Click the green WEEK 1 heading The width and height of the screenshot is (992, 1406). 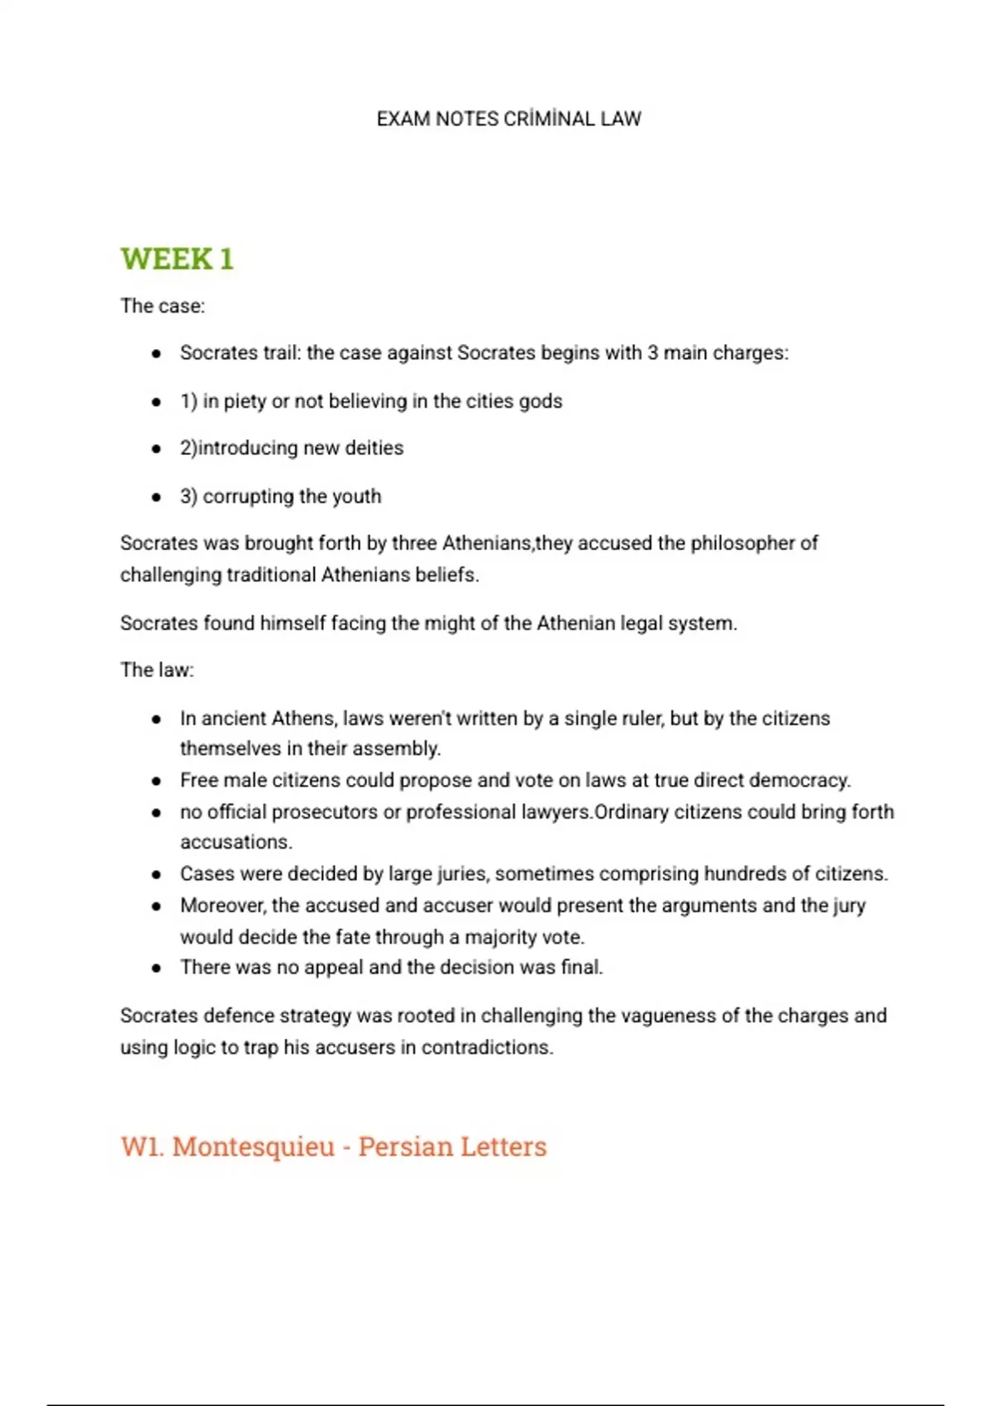(177, 259)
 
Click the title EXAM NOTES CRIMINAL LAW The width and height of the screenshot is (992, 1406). (508, 119)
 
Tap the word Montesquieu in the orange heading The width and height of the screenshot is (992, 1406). (253, 1146)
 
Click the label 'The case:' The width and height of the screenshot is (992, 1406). (162, 306)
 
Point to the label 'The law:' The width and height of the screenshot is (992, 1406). (157, 670)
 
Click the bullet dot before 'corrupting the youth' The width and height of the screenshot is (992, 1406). (156, 497)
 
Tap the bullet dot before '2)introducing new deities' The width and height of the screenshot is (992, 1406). (156, 448)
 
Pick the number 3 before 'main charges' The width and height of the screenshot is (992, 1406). (652, 353)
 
